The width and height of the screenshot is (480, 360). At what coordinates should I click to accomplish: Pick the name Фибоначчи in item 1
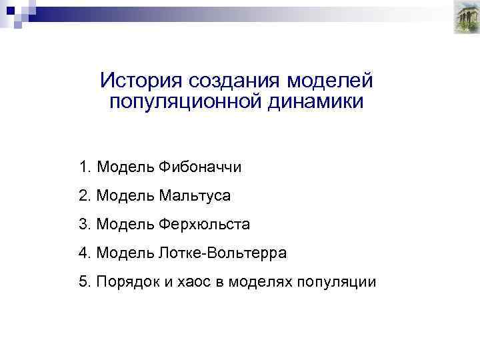coord(200,167)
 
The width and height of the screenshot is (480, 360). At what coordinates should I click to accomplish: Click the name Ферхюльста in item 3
coord(204,224)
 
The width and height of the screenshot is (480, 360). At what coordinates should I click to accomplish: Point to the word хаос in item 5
coord(195,281)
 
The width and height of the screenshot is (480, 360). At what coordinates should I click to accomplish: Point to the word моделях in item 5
coord(258,281)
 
